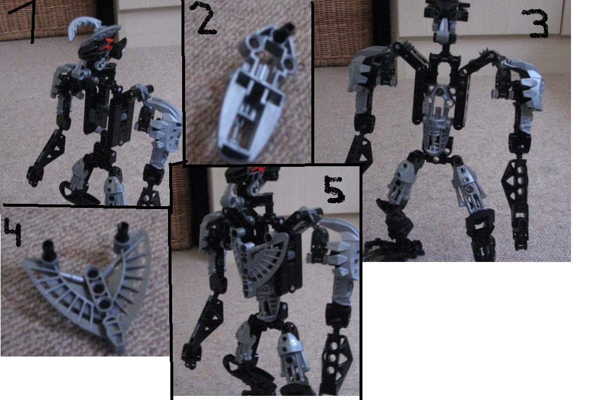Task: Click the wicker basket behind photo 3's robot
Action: tap(342, 32)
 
